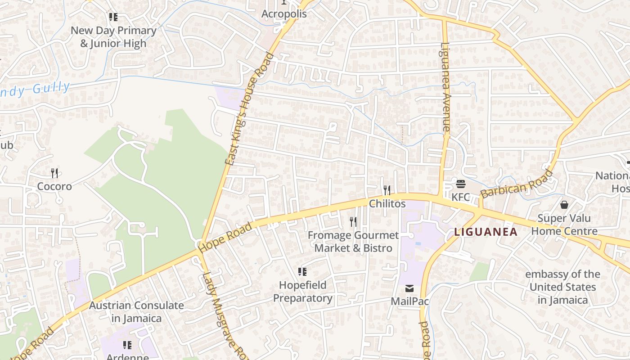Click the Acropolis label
click(x=284, y=14)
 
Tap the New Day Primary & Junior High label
click(x=113, y=37)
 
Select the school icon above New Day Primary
click(x=113, y=17)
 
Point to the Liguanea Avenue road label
click(x=445, y=86)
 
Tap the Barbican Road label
click(x=516, y=184)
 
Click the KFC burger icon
click(x=460, y=184)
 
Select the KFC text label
click(x=460, y=197)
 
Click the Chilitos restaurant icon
click(x=387, y=190)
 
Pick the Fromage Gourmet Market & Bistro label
click(x=353, y=242)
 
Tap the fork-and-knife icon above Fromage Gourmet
click(x=353, y=221)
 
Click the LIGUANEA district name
click(x=486, y=232)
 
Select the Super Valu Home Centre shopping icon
click(x=564, y=205)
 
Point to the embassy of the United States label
click(x=562, y=287)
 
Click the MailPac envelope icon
click(x=409, y=288)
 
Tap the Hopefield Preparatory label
click(x=303, y=292)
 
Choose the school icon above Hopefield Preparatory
click(x=302, y=271)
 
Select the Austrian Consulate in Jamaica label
click(x=136, y=312)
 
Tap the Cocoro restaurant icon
click(x=54, y=173)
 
